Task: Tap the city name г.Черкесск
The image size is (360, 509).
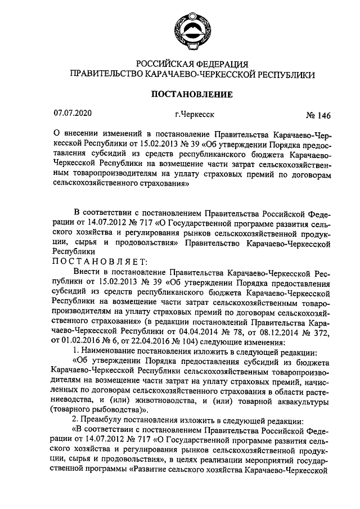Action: coord(195,114)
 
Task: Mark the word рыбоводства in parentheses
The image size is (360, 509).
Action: coord(108,412)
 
